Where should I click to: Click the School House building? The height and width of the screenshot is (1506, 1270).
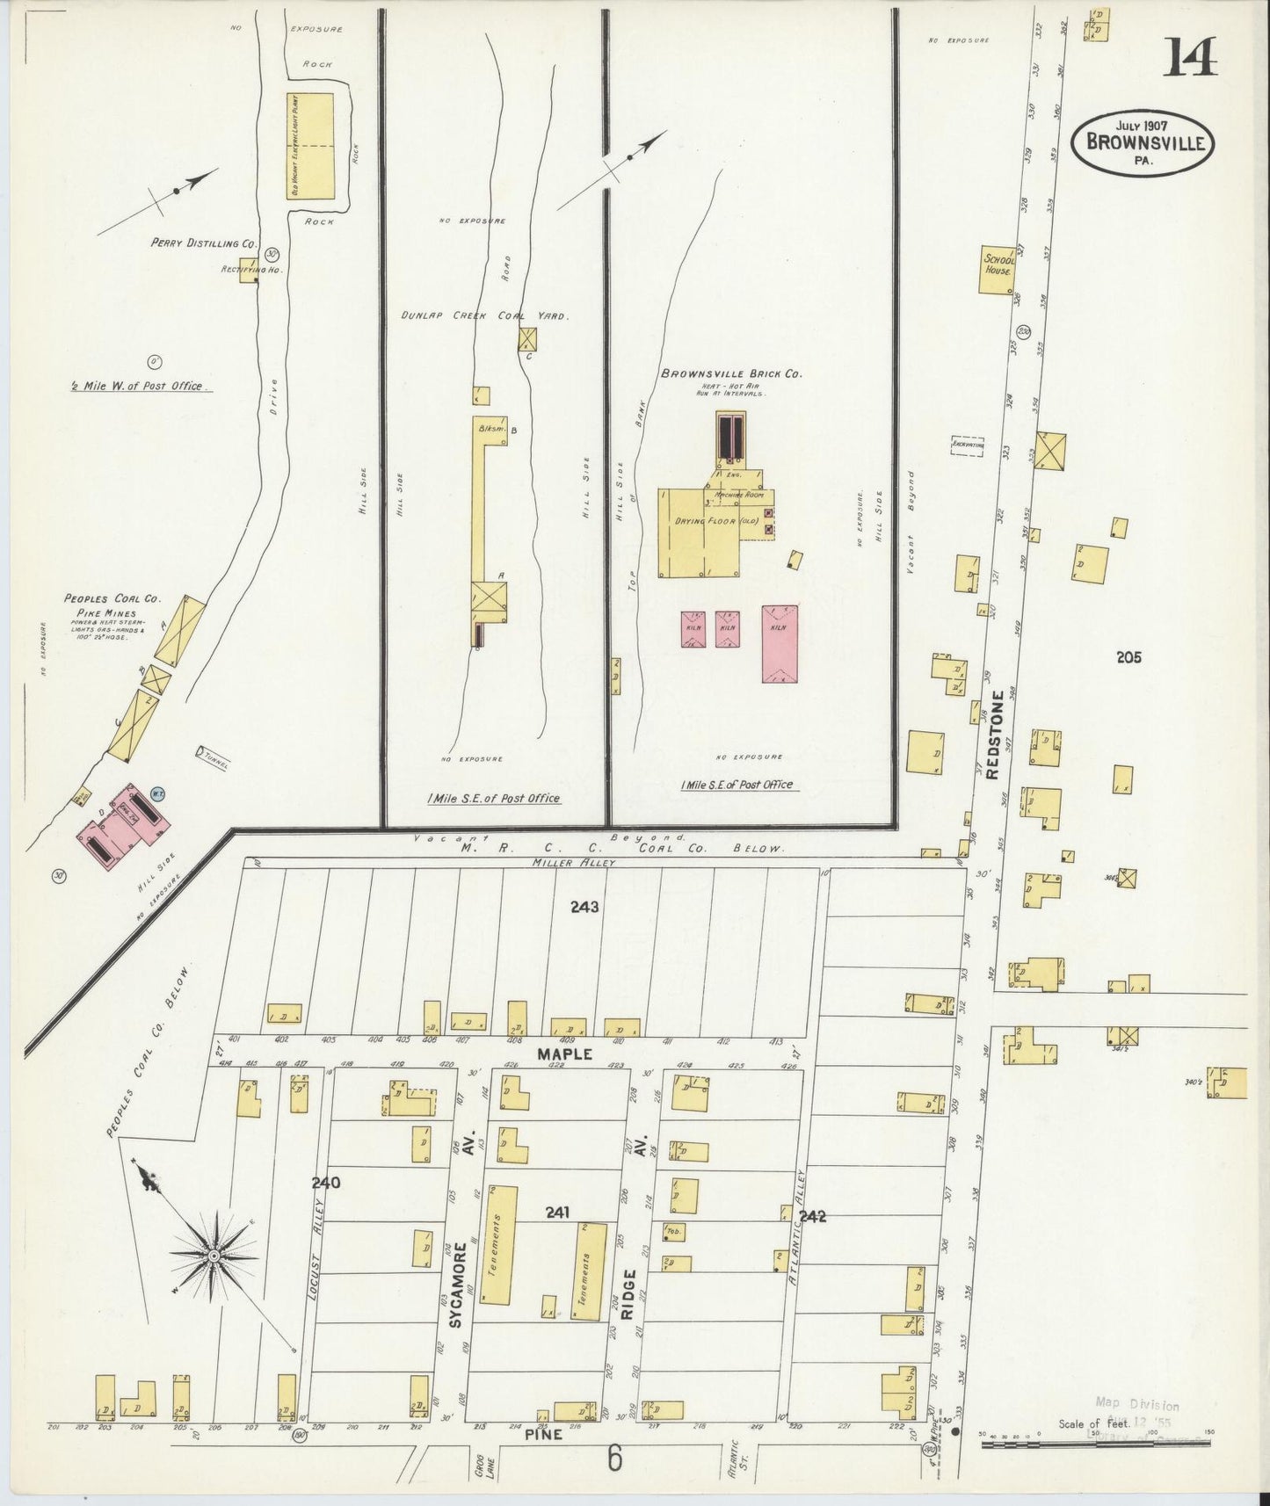pos(998,268)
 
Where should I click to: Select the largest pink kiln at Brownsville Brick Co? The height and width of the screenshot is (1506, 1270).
pos(780,643)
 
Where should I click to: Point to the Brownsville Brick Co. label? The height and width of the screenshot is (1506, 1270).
pos(731,373)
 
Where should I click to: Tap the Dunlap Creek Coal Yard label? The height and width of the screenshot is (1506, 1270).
pos(484,315)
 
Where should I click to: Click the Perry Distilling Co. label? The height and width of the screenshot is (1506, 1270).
pos(203,243)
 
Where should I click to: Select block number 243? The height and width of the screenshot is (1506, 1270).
pos(584,907)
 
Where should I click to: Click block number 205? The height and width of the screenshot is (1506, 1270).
pos(1128,656)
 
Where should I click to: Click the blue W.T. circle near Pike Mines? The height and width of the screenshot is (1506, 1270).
pos(159,793)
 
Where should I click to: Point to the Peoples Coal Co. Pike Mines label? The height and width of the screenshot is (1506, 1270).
pos(112,605)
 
